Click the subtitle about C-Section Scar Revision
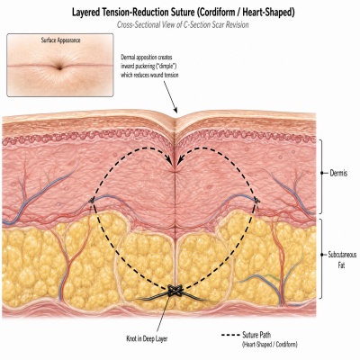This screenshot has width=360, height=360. tap(183, 24)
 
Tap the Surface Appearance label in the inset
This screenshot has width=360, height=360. tap(60, 40)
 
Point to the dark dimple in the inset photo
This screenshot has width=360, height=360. tap(60, 67)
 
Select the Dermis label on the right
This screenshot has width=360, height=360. tap(338, 173)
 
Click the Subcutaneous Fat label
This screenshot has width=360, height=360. tap(342, 260)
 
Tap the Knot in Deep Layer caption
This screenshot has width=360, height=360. tap(147, 339)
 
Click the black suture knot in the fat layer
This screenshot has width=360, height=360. tap(175, 291)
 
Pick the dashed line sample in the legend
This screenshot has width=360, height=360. tap(230, 335)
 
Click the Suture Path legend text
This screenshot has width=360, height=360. tap(256, 335)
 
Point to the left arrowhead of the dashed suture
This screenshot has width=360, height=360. tap(170, 162)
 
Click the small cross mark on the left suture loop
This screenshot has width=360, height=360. tap(92, 200)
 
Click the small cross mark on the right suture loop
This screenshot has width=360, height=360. tap(256, 200)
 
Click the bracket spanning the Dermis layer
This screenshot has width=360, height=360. tap(321, 176)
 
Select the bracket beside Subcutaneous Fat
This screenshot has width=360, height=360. tap(321, 258)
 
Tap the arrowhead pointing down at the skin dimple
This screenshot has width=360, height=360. tap(175, 110)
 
